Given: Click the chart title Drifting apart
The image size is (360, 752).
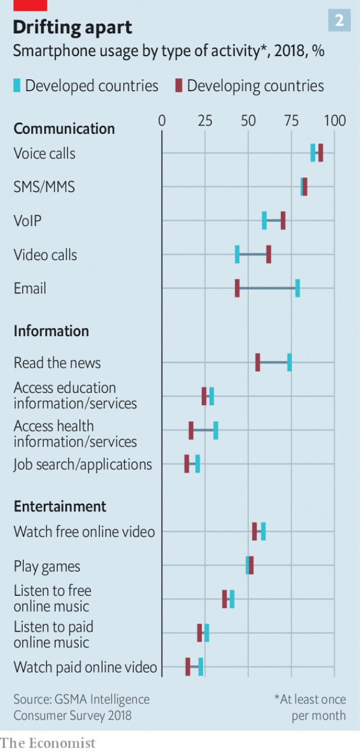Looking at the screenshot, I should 73,28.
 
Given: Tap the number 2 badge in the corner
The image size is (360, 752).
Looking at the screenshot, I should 339,21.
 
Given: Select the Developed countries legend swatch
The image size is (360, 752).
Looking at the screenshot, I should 17,85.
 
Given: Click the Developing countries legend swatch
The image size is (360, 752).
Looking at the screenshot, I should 179,85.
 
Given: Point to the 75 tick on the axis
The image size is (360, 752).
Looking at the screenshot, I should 291,120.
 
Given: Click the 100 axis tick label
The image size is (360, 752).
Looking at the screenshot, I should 335,120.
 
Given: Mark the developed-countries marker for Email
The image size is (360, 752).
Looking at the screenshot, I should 298,288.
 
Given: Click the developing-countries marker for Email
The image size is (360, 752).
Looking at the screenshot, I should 237,288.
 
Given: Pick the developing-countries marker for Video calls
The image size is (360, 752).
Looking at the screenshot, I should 268,254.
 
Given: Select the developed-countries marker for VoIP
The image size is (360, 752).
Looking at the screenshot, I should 264,220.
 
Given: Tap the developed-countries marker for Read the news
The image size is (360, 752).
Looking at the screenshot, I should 289,363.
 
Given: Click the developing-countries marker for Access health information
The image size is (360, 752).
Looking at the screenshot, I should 191,431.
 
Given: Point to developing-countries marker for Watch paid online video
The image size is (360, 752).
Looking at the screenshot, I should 188,667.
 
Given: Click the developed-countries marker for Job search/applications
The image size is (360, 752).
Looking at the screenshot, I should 197,464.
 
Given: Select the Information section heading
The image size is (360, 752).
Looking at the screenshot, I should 51,331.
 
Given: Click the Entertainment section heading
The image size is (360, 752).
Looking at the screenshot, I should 60,506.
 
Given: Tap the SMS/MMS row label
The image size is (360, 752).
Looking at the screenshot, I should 44,187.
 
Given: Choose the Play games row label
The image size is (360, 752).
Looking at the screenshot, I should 47,566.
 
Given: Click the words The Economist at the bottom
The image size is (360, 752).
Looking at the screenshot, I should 47,743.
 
